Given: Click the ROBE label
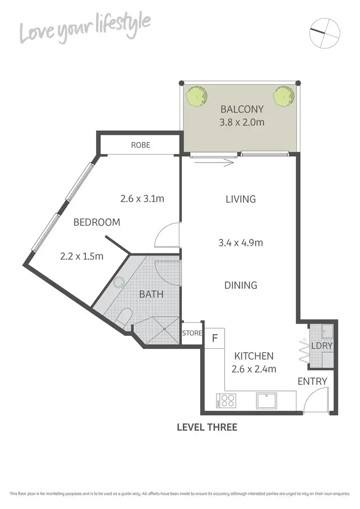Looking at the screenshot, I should click(x=141, y=145).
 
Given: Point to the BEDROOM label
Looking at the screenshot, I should click(x=96, y=223).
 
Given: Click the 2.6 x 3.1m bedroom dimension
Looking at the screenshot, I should click(x=142, y=198).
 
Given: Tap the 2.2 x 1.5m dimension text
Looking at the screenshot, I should click(x=82, y=256).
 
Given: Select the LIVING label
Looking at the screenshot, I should click(x=241, y=199).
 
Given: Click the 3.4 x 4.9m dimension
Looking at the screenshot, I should click(x=241, y=243).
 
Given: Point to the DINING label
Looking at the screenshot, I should click(x=241, y=285).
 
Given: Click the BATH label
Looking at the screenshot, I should click(x=151, y=294).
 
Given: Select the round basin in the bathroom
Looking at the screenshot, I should click(x=118, y=283).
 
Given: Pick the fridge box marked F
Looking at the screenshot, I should click(x=215, y=338).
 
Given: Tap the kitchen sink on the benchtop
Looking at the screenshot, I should click(x=265, y=400).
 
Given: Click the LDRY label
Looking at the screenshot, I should click(x=322, y=345).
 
